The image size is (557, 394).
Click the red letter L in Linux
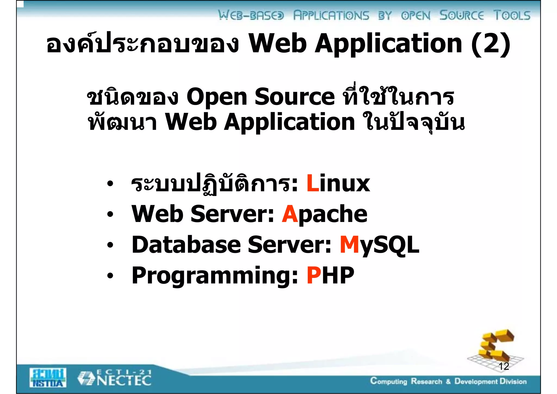click(x=312, y=184)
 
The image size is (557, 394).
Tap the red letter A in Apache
click(x=290, y=214)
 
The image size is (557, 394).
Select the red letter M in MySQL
click(x=349, y=245)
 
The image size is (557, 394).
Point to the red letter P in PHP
click(x=314, y=275)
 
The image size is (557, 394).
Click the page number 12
click(x=504, y=366)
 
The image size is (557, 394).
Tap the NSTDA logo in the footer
click(x=48, y=378)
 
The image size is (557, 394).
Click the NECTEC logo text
click(x=124, y=381)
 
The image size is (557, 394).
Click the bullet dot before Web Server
click(x=110, y=215)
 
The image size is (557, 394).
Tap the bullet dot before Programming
click(x=110, y=276)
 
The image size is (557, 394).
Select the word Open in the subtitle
click(x=216, y=97)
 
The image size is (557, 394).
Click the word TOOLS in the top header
click(x=512, y=15)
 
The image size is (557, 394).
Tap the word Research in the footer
click(x=426, y=381)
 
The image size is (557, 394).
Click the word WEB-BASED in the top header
click(x=251, y=15)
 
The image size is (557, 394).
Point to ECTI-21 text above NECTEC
click(x=124, y=372)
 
